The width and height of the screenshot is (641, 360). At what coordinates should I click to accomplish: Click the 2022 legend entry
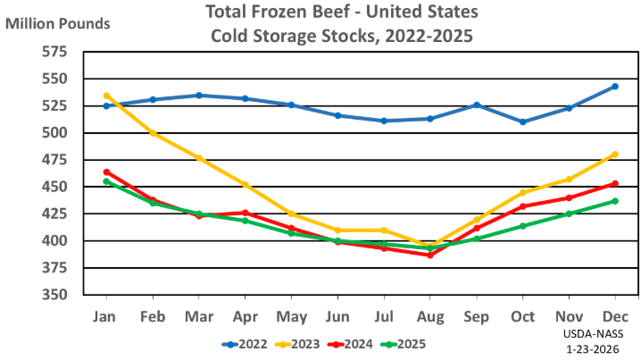(x=245, y=342)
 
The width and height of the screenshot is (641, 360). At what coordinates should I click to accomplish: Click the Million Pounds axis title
(x=58, y=22)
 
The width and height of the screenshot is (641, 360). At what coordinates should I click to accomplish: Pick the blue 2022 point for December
(x=615, y=87)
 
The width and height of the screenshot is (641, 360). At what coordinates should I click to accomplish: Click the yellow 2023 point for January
(x=106, y=96)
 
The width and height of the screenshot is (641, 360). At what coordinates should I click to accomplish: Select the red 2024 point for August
(x=429, y=255)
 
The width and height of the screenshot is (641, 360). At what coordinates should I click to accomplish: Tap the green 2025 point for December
(x=615, y=201)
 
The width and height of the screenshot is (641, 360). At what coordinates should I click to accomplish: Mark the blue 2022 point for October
(x=522, y=121)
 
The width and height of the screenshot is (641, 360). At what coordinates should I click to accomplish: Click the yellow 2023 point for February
(x=153, y=133)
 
